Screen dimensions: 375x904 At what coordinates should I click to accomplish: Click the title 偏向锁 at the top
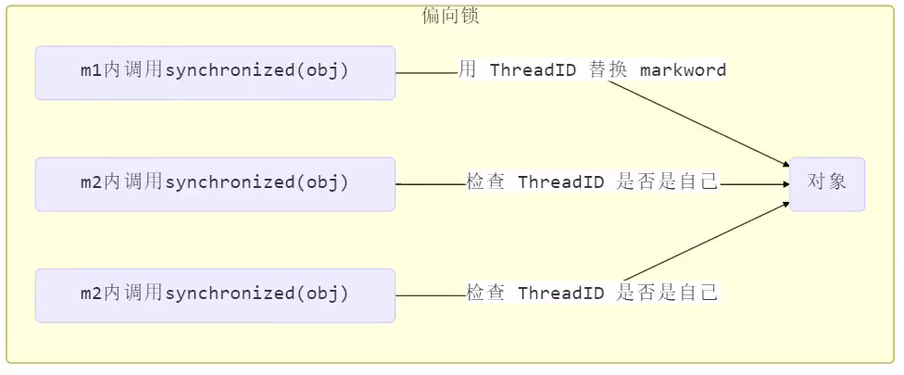[450, 16]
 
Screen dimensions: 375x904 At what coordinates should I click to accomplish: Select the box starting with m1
[215, 72]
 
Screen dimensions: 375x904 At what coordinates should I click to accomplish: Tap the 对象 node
[826, 183]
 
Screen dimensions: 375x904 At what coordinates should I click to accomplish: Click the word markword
[683, 70]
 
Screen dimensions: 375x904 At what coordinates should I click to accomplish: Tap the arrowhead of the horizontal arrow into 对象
[785, 183]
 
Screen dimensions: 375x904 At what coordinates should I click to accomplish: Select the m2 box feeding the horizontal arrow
[215, 183]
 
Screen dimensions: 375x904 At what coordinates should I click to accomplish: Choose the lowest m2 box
[215, 294]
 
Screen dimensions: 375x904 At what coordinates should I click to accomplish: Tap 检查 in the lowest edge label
[485, 294]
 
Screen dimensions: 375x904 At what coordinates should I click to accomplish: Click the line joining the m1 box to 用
[426, 72]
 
